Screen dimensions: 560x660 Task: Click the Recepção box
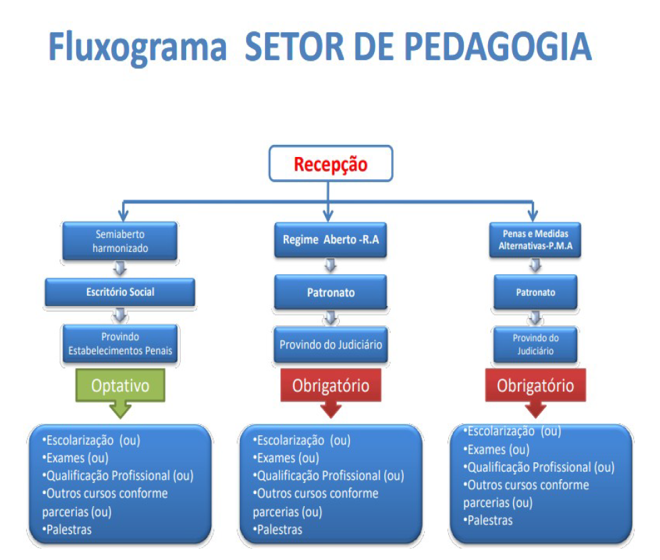click(x=330, y=164)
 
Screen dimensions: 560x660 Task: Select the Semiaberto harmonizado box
click(x=120, y=240)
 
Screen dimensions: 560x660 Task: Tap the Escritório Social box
click(x=120, y=292)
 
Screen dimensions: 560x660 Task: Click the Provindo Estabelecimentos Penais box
click(x=120, y=343)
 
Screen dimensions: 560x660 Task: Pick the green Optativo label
click(x=120, y=385)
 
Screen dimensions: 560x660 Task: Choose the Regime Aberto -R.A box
click(x=330, y=240)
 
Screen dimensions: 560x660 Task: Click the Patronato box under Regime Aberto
click(x=330, y=292)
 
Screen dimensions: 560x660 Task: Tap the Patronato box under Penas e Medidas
click(x=535, y=292)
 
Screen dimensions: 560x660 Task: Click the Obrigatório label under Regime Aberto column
click(x=330, y=386)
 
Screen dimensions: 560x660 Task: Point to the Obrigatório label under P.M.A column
click(x=535, y=386)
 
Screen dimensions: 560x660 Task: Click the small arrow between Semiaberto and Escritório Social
click(x=120, y=267)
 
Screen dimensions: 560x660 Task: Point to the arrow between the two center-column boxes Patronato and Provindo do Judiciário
click(x=330, y=317)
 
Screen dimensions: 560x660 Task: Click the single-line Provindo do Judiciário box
click(x=330, y=345)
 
